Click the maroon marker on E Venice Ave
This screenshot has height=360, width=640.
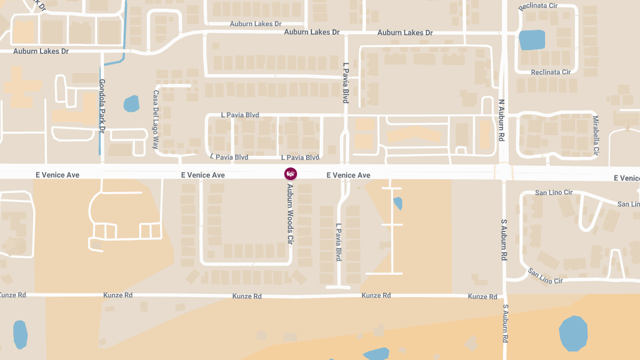coord(291,174)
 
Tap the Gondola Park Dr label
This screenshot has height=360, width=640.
coord(102,106)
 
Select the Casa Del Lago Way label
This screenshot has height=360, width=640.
coord(156,119)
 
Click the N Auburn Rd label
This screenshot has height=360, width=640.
coord(501,120)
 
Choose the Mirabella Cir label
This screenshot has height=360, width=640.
coord(596,136)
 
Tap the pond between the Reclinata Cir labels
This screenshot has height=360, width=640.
coord(532,40)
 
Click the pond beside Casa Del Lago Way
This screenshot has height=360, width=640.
coord(131,103)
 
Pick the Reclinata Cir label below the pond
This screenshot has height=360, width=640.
coord(550,72)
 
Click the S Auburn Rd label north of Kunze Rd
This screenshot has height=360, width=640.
coord(503,239)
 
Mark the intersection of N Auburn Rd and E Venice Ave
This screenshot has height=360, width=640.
coord(504,172)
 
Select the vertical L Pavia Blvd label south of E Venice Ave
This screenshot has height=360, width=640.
coord(338,242)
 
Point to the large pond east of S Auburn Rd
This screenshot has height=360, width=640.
coord(573,333)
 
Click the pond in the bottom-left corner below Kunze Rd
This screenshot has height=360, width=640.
coord(20,334)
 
